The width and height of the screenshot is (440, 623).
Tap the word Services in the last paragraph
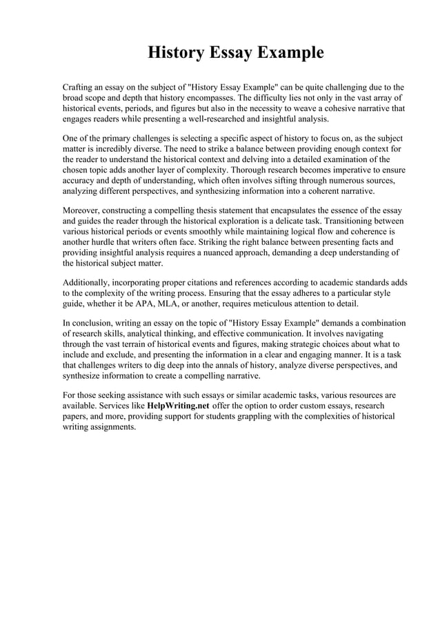126,406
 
